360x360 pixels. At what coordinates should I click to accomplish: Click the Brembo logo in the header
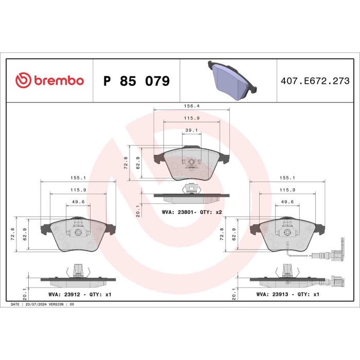[49, 81]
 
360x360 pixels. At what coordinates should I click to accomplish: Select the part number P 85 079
[136, 81]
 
